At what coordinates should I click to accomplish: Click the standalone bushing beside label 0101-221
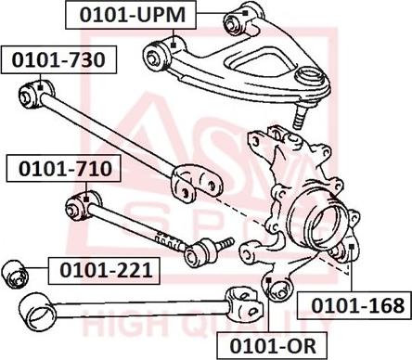tap(19, 273)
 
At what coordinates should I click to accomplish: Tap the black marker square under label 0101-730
tap(41, 85)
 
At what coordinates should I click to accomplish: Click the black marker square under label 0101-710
tap(86, 195)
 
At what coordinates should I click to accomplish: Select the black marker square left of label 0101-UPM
tap(174, 40)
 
